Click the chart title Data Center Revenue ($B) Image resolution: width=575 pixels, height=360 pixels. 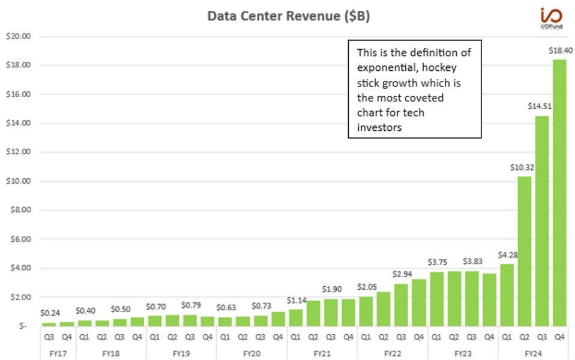[x=288, y=16]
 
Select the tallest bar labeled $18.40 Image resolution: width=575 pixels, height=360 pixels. [x=559, y=192]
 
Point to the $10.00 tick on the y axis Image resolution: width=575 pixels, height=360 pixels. [x=18, y=181]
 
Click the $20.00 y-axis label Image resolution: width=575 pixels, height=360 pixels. [x=18, y=36]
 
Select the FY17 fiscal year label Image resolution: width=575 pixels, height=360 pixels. [x=58, y=354]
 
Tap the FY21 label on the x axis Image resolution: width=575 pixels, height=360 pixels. [x=322, y=354]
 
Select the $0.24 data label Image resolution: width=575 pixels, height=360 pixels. [x=50, y=313]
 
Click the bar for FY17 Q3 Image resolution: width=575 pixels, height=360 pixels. [x=49, y=324]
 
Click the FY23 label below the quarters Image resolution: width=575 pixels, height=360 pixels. [x=463, y=354]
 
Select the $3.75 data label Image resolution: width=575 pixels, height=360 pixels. [x=438, y=262]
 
